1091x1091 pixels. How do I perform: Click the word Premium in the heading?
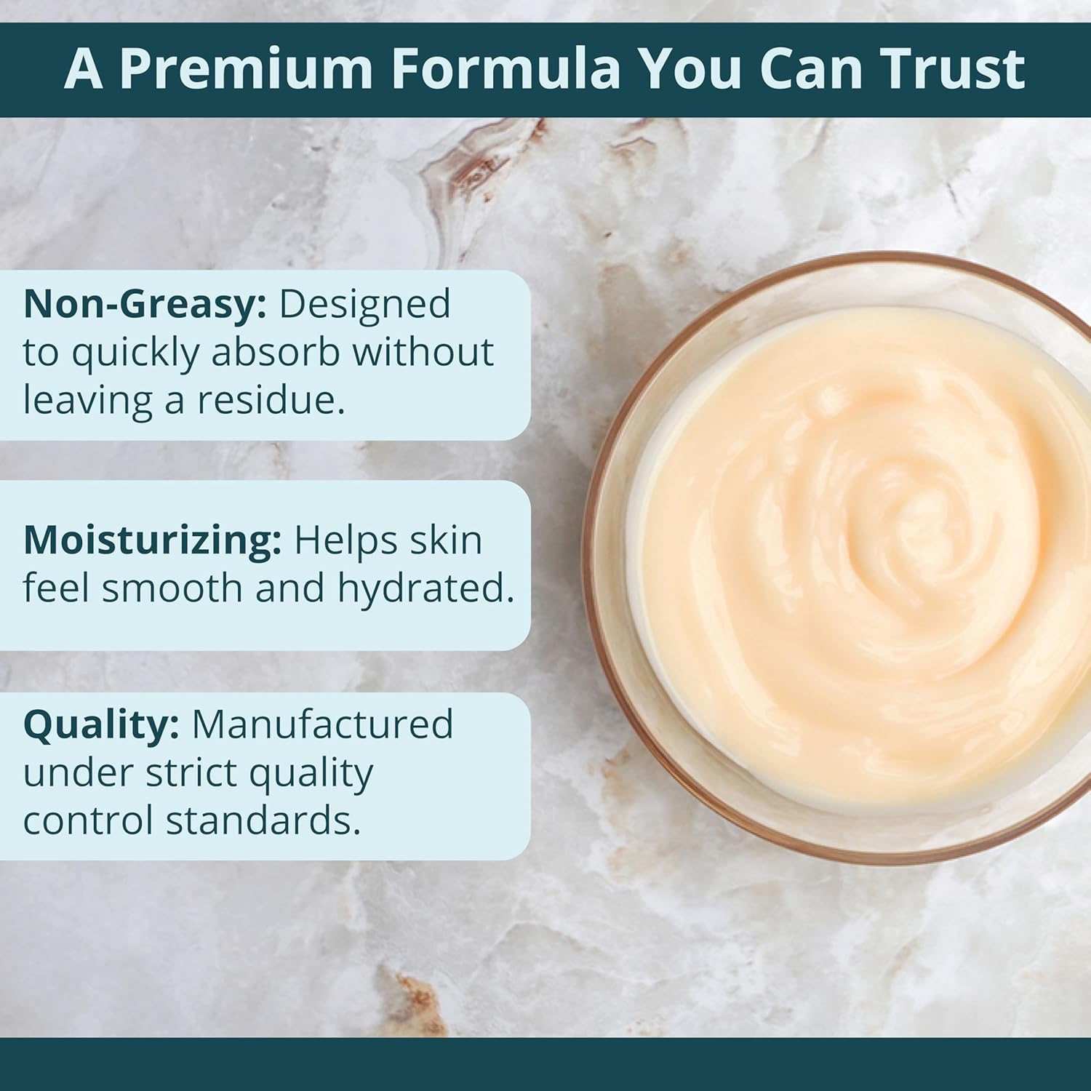point(245,69)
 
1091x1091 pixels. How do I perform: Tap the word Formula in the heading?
point(508,69)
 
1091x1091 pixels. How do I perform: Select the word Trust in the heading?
point(951,69)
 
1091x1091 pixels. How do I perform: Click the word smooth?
point(172,588)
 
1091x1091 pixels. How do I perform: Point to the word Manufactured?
point(322,725)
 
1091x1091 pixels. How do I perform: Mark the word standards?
point(263,820)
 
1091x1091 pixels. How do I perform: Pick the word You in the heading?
point(691,69)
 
